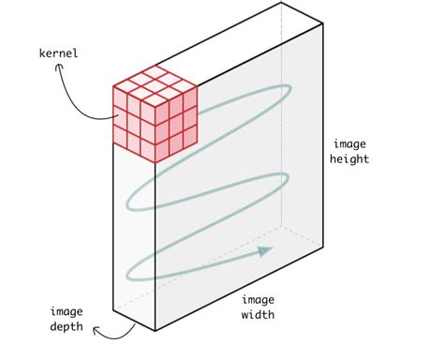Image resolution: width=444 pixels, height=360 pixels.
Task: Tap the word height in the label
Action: tap(350, 159)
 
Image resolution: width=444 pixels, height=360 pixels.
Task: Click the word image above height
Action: tap(350, 144)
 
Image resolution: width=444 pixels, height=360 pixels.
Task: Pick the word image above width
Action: tap(257, 299)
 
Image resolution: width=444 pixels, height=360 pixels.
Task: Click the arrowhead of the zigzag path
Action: tap(266, 250)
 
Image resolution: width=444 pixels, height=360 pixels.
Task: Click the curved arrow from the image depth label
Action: tap(120, 329)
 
